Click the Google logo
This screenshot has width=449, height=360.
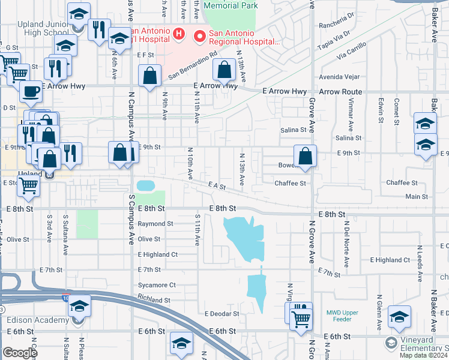[20, 353]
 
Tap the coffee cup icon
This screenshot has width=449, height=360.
[31, 92]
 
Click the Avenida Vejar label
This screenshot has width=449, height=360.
[339, 77]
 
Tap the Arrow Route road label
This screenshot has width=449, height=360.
[340, 92]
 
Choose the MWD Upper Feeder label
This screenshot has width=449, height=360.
[342, 316]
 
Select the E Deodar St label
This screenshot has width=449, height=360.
[221, 314]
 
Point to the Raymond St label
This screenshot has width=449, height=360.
[155, 224]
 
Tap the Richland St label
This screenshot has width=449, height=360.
[154, 300]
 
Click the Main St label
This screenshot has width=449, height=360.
[417, 197]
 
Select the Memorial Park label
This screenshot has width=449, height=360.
[231, 5]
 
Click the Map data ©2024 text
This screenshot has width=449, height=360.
[423, 355]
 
